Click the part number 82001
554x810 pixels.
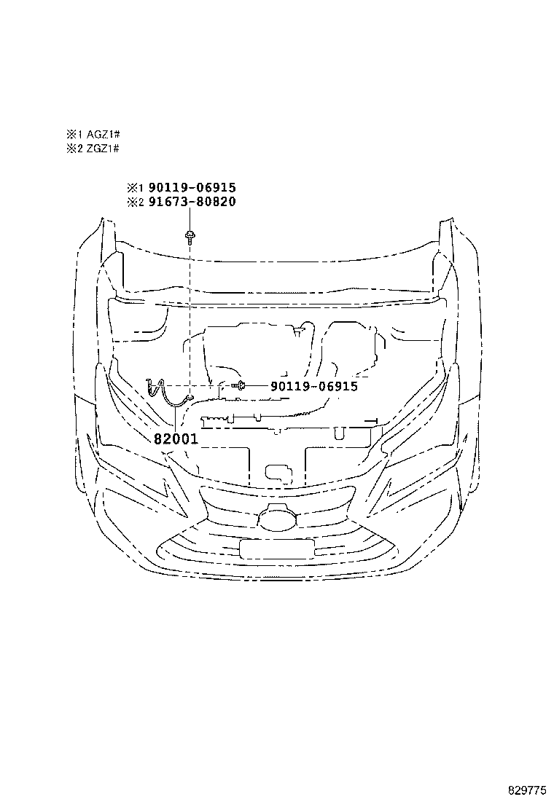(176, 439)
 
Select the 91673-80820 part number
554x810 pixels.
(192, 202)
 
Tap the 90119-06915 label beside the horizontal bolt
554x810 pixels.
(313, 386)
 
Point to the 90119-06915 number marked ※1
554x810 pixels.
(192, 187)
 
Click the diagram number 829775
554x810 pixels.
(526, 791)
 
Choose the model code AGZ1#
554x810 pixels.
(104, 135)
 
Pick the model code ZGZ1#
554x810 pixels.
(104, 149)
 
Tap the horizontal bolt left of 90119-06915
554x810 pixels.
(238, 385)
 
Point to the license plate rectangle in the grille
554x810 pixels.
(277, 548)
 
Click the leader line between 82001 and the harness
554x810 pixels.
(176, 418)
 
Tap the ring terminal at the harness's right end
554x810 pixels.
(190, 397)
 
